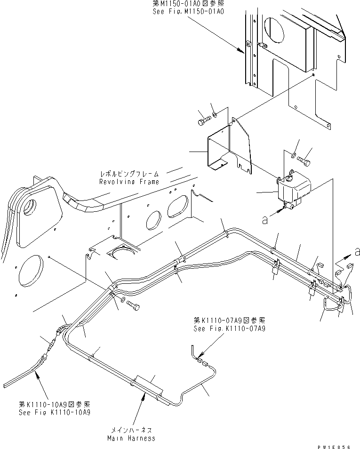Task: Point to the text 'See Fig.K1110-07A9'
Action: (x=229, y=329)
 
